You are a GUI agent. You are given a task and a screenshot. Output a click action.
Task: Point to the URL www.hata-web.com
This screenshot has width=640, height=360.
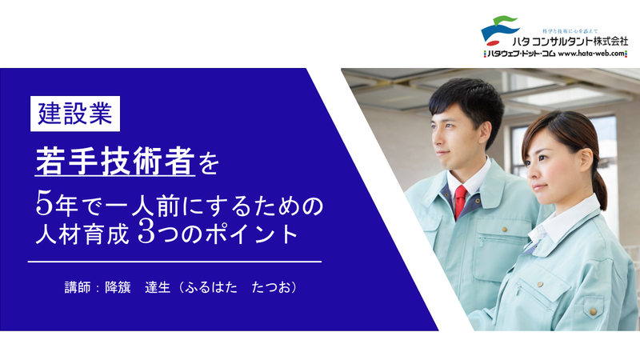593,54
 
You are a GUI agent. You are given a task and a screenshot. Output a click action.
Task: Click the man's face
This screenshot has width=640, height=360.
450,132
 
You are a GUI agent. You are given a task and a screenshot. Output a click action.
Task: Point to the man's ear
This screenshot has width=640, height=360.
482,131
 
